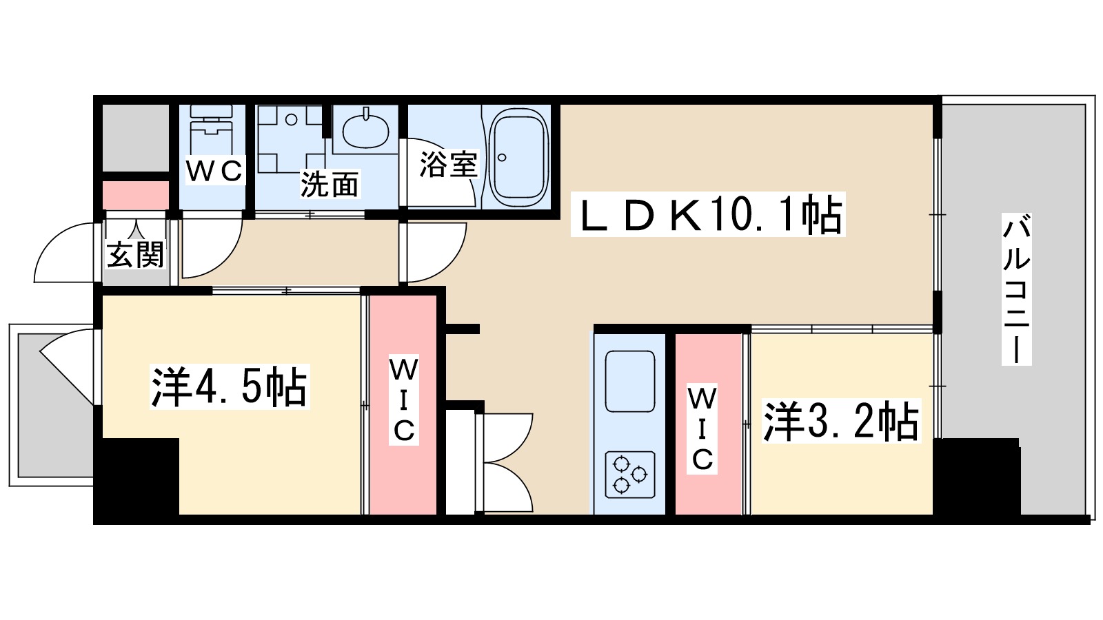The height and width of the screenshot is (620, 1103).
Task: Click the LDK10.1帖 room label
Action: tap(708, 214)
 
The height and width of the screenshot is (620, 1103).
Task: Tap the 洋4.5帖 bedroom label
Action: tap(230, 386)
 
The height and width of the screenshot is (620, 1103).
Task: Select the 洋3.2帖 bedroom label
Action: tap(841, 421)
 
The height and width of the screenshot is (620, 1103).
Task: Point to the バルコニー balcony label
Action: tap(1016, 289)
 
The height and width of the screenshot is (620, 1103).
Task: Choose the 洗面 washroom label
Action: tap(330, 184)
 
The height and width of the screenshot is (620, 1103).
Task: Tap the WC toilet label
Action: tap(214, 170)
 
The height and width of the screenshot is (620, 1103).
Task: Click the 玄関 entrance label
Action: tap(135, 254)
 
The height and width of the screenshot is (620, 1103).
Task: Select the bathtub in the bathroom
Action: tap(519, 158)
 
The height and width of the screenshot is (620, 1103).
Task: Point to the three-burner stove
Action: tap(630, 474)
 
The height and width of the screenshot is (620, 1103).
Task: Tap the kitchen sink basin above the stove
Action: tap(630, 382)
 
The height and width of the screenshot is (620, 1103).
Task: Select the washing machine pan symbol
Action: tap(291, 138)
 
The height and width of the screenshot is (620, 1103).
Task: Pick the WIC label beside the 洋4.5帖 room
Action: tap(404, 400)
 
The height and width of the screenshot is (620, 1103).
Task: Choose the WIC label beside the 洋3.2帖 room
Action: tap(702, 428)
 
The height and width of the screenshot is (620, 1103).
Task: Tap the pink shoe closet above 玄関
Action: tap(136, 196)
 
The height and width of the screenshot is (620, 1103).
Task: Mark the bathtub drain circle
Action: tap(502, 158)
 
